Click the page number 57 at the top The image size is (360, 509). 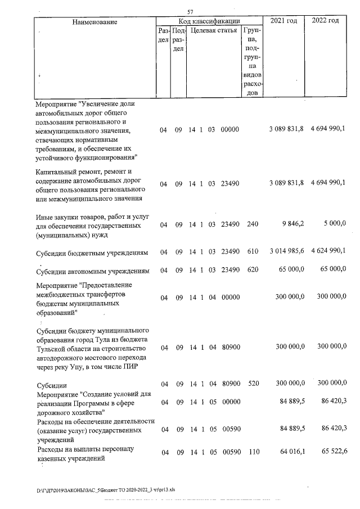(190, 12)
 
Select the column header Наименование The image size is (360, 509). (94, 22)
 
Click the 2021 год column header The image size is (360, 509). (284, 21)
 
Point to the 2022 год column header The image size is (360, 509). (325, 21)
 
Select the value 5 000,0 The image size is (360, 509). (335, 224)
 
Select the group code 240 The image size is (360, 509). (253, 224)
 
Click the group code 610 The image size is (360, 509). (253, 251)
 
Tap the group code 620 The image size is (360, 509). (253, 271)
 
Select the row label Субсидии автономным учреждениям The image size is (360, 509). (93, 272)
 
